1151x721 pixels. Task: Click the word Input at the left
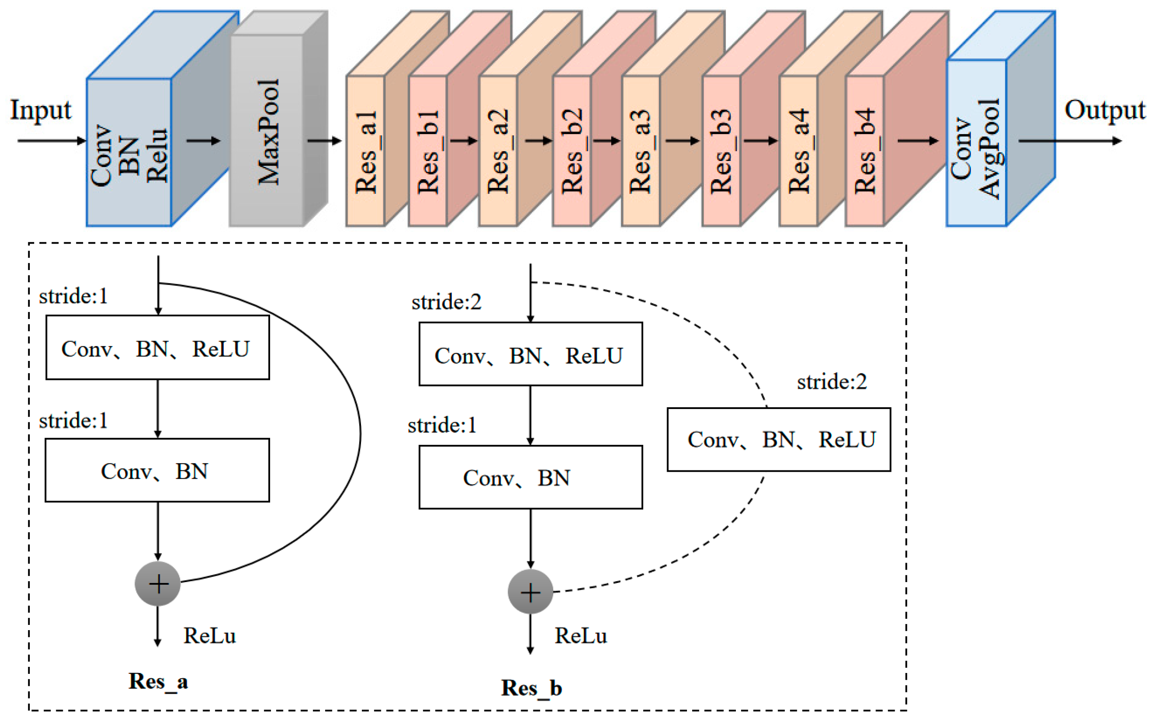pyautogui.click(x=41, y=111)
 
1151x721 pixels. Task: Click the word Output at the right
pyautogui.click(x=1104, y=111)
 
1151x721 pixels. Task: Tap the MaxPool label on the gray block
pyautogui.click(x=268, y=132)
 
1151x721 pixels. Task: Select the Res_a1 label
pyautogui.click(x=366, y=153)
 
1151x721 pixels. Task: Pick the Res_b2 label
pyautogui.click(x=572, y=151)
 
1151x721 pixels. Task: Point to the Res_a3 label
pyautogui.click(x=640, y=151)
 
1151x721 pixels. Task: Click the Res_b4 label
pyautogui.click(x=865, y=151)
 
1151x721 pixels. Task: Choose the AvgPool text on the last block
pyautogui.click(x=990, y=149)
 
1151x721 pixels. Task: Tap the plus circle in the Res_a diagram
pyautogui.click(x=158, y=584)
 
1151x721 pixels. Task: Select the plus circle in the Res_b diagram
pyautogui.click(x=530, y=592)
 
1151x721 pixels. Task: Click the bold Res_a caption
pyautogui.click(x=158, y=682)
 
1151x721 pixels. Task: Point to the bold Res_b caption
pyautogui.click(x=532, y=688)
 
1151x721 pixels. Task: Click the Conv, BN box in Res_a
pyautogui.click(x=157, y=471)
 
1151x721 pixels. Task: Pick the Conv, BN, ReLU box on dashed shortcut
pyautogui.click(x=779, y=439)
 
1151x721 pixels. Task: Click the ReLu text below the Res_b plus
pyautogui.click(x=581, y=636)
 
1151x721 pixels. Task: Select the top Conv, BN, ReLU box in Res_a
pyautogui.click(x=157, y=348)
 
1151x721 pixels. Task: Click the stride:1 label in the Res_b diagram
pyautogui.click(x=442, y=425)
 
